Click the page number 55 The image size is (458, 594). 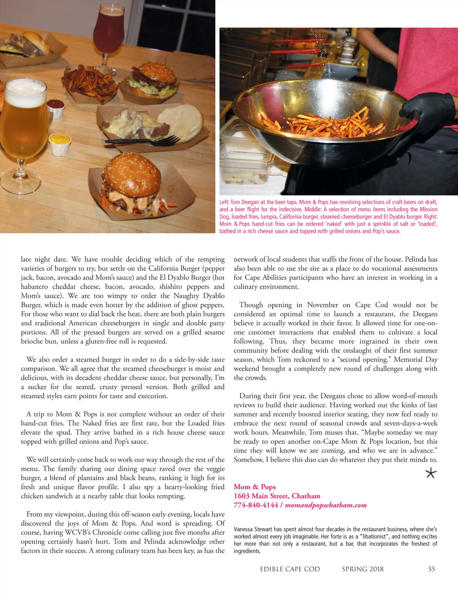(431, 569)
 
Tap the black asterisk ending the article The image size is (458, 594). (431, 474)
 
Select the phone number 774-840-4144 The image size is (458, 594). (256, 505)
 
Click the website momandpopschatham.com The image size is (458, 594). (326, 505)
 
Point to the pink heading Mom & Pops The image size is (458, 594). (255, 487)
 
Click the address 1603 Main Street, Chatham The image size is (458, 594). (277, 496)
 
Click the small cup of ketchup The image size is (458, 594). (56, 108)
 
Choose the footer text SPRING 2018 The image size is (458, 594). (363, 569)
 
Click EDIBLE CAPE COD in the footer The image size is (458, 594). (290, 569)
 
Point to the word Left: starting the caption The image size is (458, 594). (224, 202)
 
